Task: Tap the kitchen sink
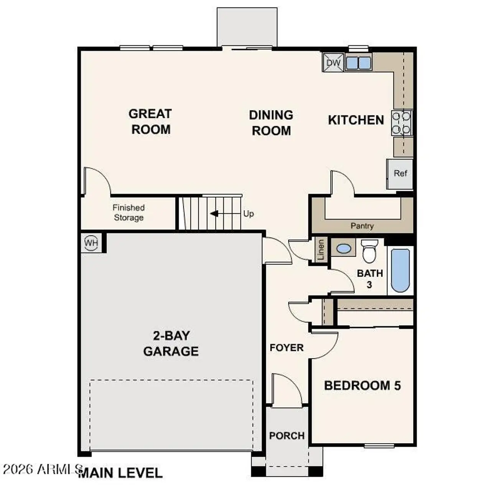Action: pyautogui.click(x=358, y=63)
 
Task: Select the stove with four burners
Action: pyautogui.click(x=402, y=123)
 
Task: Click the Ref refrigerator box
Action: pyautogui.click(x=400, y=174)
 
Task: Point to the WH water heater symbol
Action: pyautogui.click(x=91, y=243)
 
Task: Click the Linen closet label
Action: pyautogui.click(x=321, y=250)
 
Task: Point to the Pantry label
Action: pyautogui.click(x=362, y=226)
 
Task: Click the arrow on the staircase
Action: pyautogui.click(x=214, y=213)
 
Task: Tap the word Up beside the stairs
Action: pyautogui.click(x=248, y=214)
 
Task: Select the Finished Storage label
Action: pyautogui.click(x=129, y=213)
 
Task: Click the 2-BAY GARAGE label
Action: pyautogui.click(x=171, y=343)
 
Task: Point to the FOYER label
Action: pyautogui.click(x=287, y=348)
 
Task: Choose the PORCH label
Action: pyautogui.click(x=287, y=436)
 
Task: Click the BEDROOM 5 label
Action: pyautogui.click(x=362, y=386)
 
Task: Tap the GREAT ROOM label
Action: pyautogui.click(x=150, y=122)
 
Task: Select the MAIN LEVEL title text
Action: pyautogui.click(x=120, y=473)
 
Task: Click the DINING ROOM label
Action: pyautogui.click(x=271, y=123)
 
